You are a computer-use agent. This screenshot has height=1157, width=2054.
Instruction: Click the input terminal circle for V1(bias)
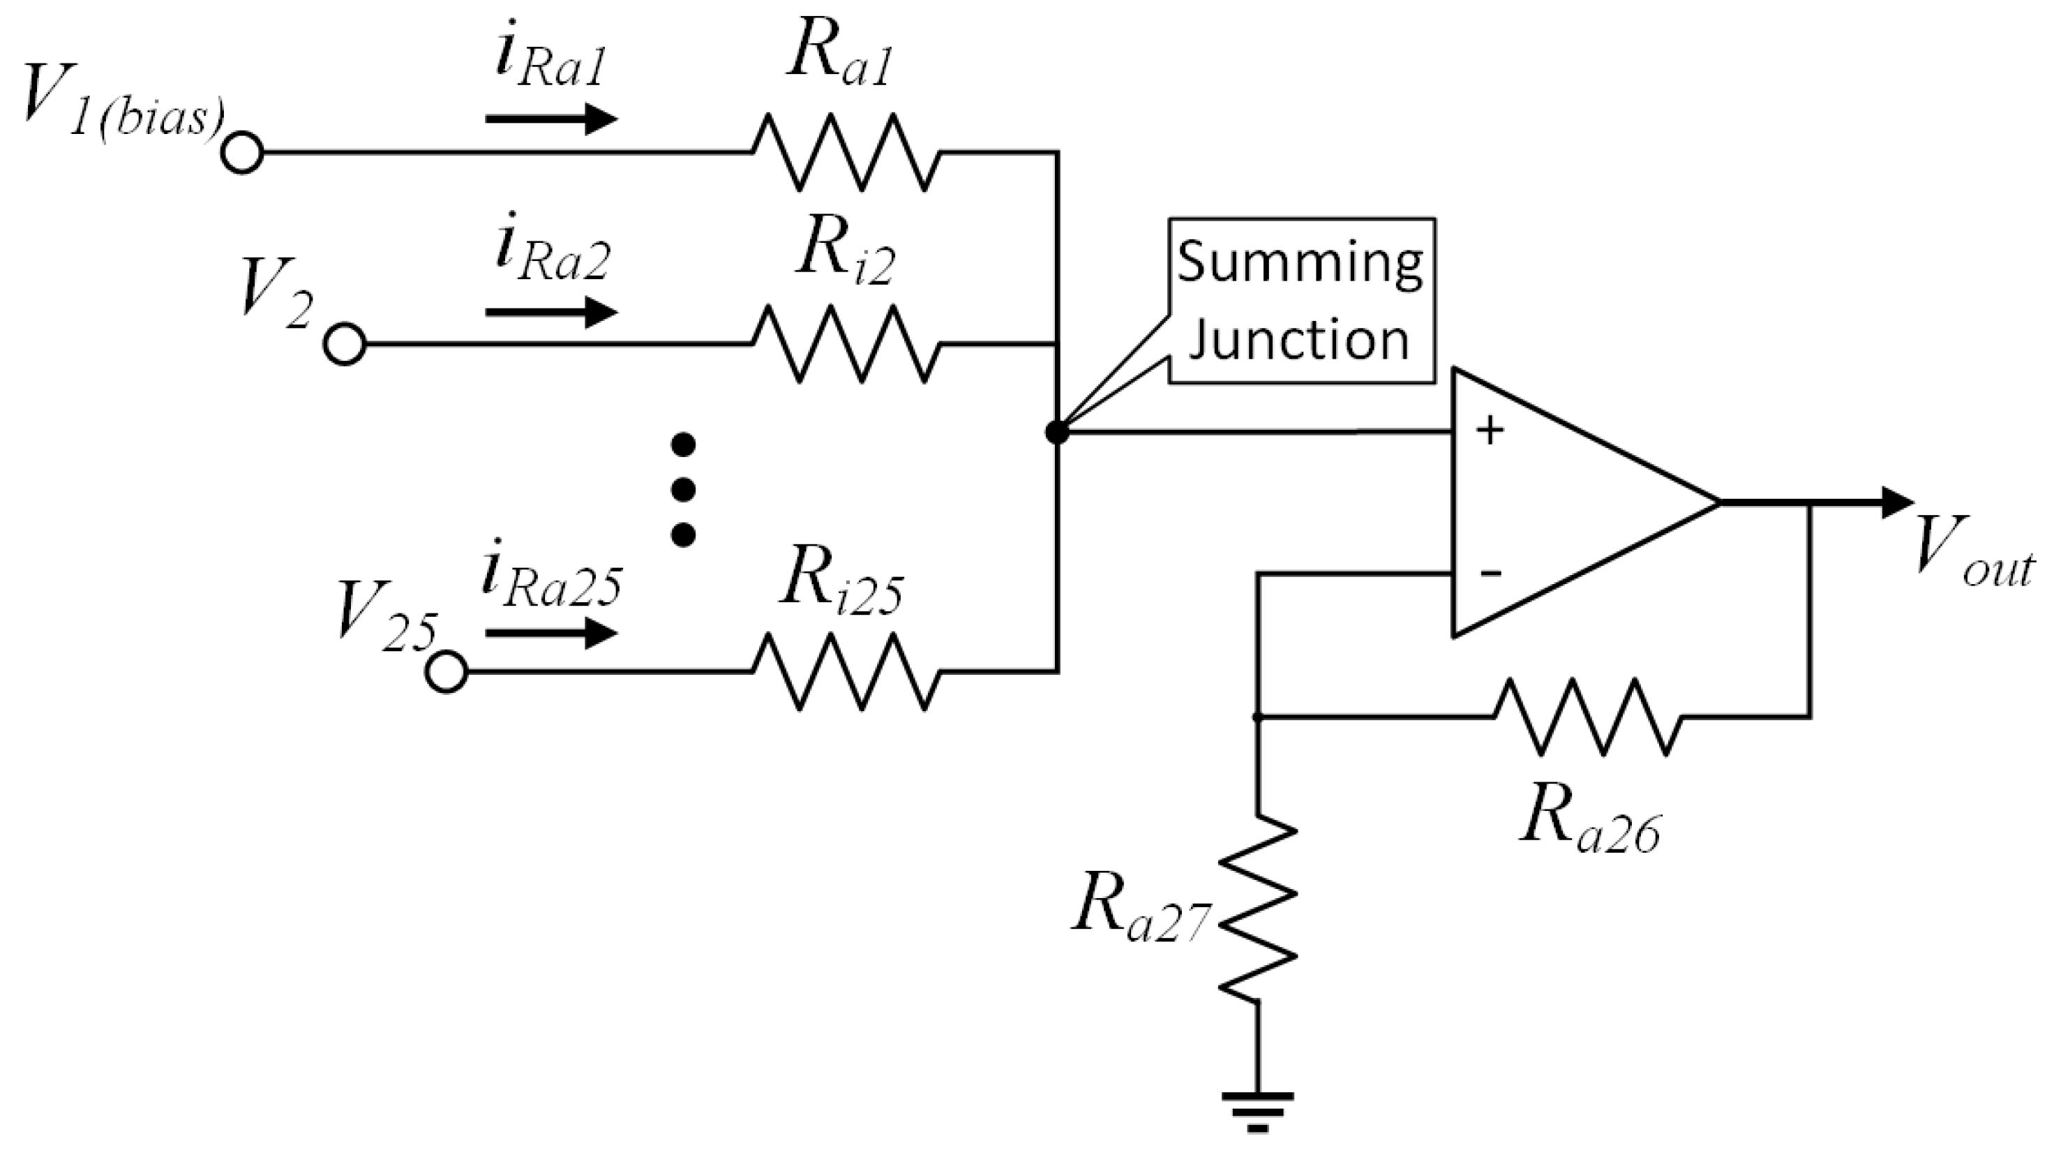coord(241,152)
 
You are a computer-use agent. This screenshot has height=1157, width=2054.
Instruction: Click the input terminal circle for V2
coord(345,345)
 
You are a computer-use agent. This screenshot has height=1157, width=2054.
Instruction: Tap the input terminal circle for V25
coord(447,672)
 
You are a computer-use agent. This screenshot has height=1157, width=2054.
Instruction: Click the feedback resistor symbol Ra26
coord(1587,717)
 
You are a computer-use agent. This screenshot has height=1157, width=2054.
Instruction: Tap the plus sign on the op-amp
coord(1490,431)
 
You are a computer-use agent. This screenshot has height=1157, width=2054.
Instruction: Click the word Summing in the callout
coord(1300,262)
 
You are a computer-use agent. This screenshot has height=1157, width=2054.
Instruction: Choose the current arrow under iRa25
coord(551,634)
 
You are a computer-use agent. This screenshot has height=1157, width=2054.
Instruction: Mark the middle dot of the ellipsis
coord(682,488)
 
